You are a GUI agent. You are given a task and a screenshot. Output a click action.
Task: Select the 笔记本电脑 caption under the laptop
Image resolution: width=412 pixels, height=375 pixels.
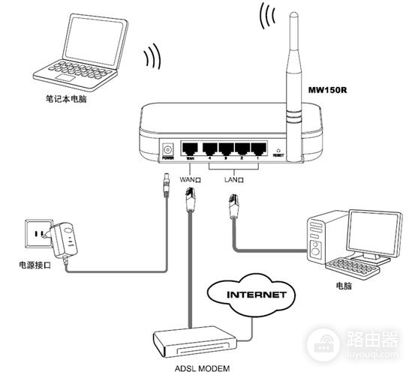66,97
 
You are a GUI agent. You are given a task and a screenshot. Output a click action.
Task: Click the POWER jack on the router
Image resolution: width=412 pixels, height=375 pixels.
167,148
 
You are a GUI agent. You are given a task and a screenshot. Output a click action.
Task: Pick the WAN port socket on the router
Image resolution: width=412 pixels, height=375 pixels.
191,148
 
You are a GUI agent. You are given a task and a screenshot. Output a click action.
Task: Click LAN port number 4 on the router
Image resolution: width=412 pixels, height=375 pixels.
208,148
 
